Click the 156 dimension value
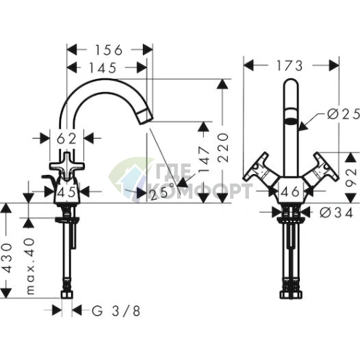click(110, 50)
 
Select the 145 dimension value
click(106, 67)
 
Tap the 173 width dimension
click(291, 65)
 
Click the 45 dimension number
click(67, 192)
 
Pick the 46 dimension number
click(290, 192)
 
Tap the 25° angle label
click(161, 192)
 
